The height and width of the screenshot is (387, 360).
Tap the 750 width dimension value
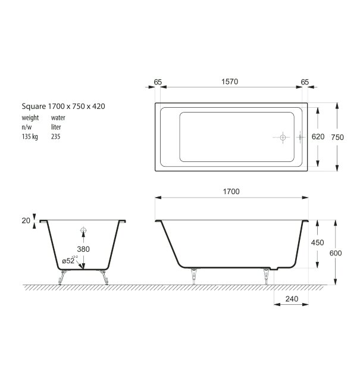point(337,137)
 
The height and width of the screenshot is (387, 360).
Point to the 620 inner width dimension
point(318,137)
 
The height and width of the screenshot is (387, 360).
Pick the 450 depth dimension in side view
point(318,242)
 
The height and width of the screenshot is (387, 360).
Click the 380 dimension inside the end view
point(83,249)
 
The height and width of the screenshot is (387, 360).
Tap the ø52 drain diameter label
point(70,260)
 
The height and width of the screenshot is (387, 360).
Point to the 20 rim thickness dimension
point(26,220)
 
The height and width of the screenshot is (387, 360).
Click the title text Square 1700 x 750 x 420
point(64,107)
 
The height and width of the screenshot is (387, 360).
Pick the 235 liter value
point(56,136)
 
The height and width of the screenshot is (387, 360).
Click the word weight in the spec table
point(30,118)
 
